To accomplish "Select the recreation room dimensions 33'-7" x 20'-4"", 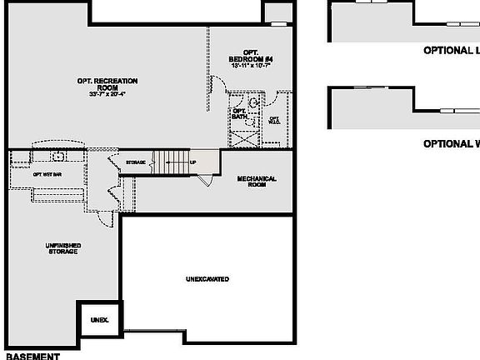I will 107,93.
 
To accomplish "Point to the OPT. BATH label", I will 239,114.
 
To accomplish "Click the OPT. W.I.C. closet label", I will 274,120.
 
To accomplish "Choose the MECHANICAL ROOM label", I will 257,181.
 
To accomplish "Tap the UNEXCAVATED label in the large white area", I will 207,279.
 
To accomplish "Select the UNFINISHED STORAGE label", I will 62,247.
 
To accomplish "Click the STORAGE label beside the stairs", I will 136,162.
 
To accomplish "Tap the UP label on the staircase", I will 193,162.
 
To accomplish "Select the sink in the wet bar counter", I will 59,155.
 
